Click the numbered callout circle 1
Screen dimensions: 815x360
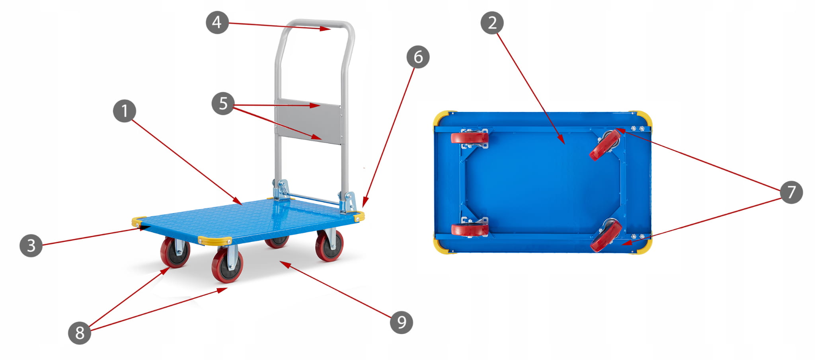(x=125, y=111)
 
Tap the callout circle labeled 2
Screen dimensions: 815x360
(x=492, y=23)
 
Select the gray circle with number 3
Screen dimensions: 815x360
(x=31, y=245)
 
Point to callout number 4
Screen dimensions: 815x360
(x=217, y=22)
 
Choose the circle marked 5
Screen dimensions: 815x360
(x=223, y=103)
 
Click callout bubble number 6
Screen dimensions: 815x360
(x=418, y=57)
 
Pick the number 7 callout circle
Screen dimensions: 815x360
(x=791, y=192)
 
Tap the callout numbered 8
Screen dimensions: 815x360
(x=80, y=332)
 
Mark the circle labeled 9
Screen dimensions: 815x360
(x=401, y=322)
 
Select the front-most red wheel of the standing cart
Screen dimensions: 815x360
(x=227, y=265)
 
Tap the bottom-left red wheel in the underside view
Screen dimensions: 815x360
(x=470, y=230)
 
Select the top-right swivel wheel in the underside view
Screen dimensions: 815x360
(x=605, y=145)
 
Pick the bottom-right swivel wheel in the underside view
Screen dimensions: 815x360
(x=606, y=236)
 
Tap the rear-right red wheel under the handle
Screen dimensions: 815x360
(x=330, y=246)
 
